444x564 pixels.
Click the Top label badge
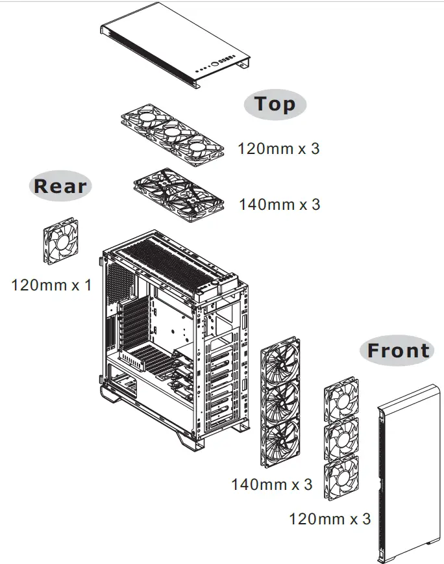[275, 104]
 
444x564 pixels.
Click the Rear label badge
[60, 186]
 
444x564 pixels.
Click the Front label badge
[398, 351]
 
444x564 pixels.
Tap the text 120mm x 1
[51, 285]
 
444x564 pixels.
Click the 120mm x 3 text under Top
[278, 149]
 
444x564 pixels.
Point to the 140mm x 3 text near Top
[279, 205]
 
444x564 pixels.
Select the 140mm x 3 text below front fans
[271, 485]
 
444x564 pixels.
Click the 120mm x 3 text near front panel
[330, 519]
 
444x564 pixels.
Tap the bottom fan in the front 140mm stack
[280, 442]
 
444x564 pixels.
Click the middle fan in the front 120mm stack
[341, 439]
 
